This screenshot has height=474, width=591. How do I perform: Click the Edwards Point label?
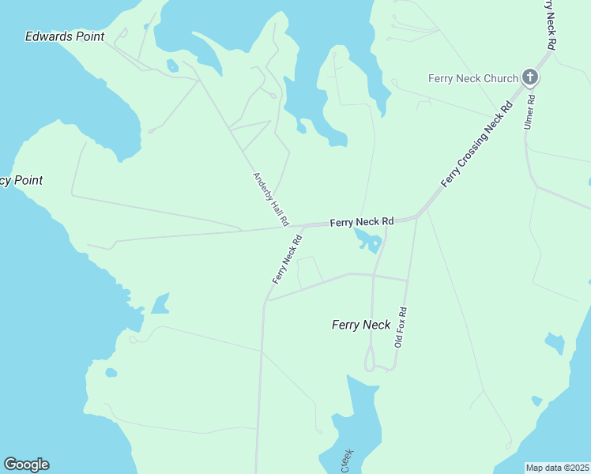65,36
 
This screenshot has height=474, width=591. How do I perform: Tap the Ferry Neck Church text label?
472,78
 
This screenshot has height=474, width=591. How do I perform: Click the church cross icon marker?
530,77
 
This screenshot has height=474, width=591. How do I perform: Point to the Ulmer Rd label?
529,112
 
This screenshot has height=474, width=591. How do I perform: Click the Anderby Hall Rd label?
270,199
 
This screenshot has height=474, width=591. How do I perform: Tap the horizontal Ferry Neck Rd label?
361,223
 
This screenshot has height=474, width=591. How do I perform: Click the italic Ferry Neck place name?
361,325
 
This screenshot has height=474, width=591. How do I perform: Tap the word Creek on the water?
347,461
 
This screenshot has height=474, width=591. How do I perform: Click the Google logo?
26,465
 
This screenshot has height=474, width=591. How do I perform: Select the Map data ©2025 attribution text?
557,468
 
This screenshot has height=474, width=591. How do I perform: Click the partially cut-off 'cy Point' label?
21,181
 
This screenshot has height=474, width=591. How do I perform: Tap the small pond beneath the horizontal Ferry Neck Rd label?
368,239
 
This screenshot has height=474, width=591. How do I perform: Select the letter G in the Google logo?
10,465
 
